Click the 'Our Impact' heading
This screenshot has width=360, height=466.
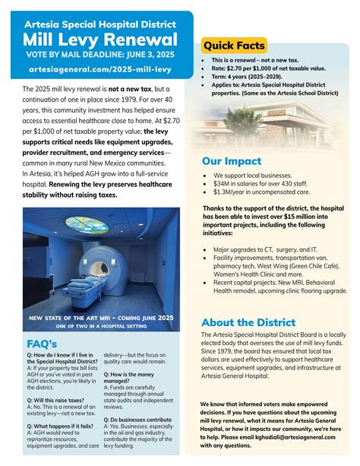[232, 161]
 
